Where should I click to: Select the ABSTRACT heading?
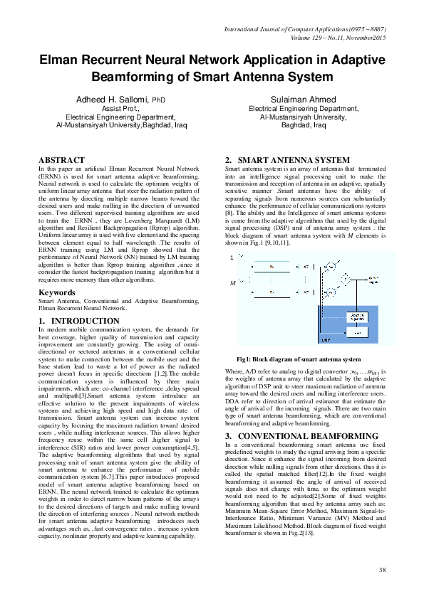[63, 160]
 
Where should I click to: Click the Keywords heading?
[58, 292]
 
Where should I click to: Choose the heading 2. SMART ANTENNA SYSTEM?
[287, 160]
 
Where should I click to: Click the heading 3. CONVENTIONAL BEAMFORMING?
[300, 435]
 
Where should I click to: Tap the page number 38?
[382, 569]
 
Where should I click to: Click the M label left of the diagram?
[231, 283]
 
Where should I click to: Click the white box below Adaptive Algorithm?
[357, 332]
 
